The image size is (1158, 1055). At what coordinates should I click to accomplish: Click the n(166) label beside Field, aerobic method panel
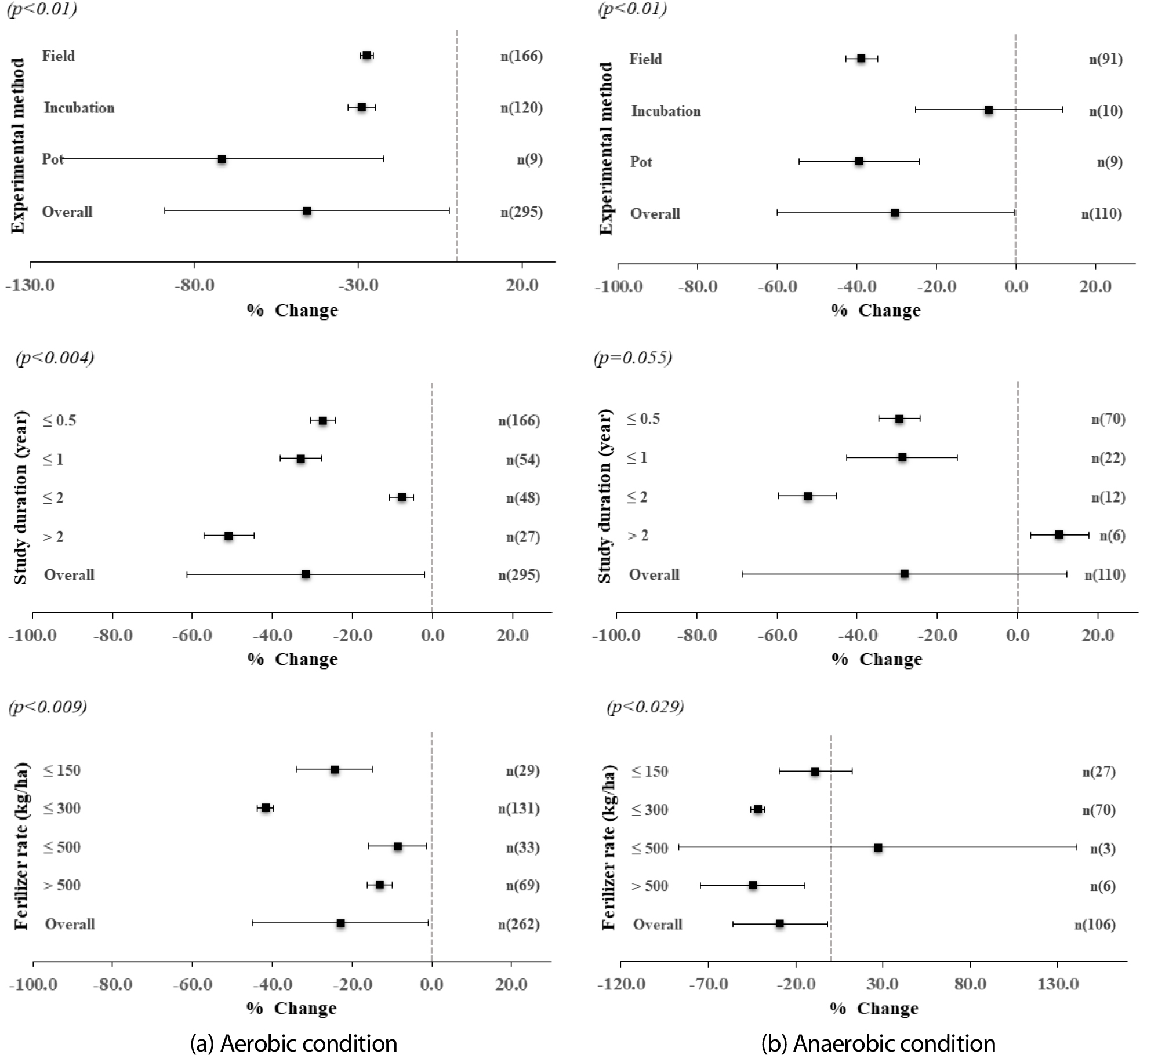coord(521,56)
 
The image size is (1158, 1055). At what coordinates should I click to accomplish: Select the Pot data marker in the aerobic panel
coord(222,159)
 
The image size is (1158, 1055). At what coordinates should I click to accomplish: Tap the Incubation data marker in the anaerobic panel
coord(988,110)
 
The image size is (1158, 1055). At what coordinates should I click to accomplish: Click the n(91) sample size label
coord(1105,59)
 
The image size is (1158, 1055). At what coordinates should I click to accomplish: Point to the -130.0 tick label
coord(30,285)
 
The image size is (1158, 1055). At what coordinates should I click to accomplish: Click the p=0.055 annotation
coord(633,358)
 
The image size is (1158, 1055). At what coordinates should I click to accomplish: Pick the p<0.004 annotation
coord(55,358)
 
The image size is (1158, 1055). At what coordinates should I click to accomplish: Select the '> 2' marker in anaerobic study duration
coord(1059,534)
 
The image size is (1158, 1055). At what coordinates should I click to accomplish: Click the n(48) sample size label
coord(523,498)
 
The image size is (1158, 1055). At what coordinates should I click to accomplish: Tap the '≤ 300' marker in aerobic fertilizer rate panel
coord(266,808)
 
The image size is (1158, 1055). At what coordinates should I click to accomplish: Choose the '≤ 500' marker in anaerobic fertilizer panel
coord(878,847)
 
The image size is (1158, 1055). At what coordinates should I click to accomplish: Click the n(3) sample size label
coord(1103,849)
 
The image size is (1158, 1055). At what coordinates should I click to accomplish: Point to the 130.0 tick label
coord(1058,984)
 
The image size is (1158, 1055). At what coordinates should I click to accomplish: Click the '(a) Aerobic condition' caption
coord(293,1043)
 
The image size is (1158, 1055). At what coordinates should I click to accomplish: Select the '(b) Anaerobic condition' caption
coord(878,1043)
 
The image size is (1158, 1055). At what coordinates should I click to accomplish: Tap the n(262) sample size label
coord(518,924)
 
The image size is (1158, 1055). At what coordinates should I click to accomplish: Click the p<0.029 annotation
coord(645,707)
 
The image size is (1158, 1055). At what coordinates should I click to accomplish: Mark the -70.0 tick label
coord(709,984)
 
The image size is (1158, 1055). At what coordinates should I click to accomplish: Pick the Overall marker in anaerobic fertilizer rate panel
coord(779,923)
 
